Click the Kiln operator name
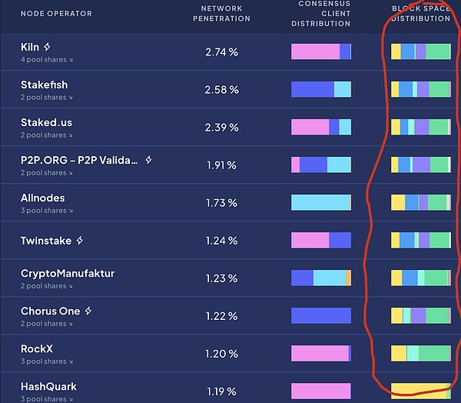[x=30, y=48]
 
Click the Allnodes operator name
[x=42, y=198]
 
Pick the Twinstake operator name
[x=45, y=241]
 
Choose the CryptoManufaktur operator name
[x=68, y=274]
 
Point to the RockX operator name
[x=36, y=349]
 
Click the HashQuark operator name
[x=48, y=387]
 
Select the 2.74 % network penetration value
[x=221, y=52]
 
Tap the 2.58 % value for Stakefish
[x=221, y=90]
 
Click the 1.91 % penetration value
[x=221, y=165]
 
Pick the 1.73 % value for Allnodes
[x=221, y=203]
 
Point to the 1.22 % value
[x=221, y=316]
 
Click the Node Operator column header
[x=56, y=14]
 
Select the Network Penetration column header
[x=221, y=13]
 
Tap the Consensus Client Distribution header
[x=320, y=13]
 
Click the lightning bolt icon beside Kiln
[x=48, y=48]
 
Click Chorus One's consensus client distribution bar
[x=321, y=315]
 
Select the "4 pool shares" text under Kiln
[x=47, y=60]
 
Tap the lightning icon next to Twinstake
[x=79, y=241]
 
